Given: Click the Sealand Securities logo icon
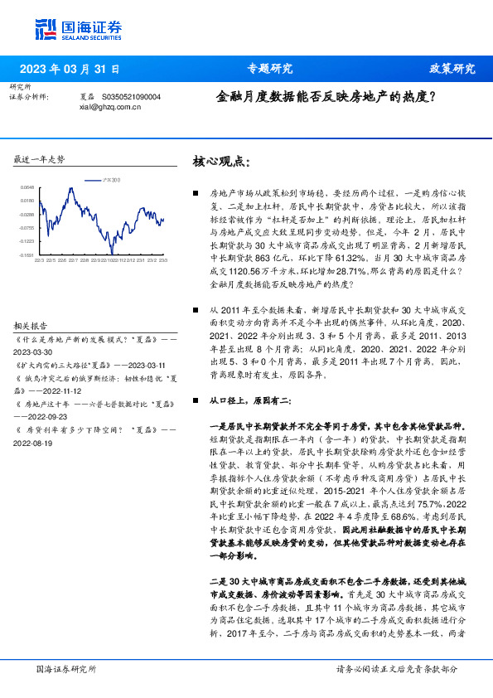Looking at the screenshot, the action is [x=46, y=29].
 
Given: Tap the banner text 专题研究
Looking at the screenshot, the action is [x=270, y=69].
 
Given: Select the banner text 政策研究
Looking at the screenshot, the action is [x=452, y=69].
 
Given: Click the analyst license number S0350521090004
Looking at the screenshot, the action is [x=138, y=97].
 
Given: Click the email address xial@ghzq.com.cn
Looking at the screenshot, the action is [x=110, y=106].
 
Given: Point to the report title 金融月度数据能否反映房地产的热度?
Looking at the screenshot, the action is [x=326, y=96].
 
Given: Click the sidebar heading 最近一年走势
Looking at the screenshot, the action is [x=40, y=158].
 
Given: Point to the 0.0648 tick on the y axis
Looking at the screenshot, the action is [x=27, y=188].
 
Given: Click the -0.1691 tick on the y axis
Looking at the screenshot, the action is [x=27, y=255].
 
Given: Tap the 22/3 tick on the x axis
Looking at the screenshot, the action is [x=39, y=260].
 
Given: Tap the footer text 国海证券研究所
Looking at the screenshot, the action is [x=67, y=668].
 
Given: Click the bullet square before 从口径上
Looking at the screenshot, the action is [x=195, y=400].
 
